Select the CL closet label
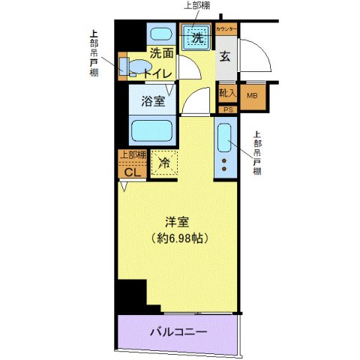coord(131,171)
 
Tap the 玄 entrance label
coord(225,55)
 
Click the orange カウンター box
coord(226,29)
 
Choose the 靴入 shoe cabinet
coord(226,94)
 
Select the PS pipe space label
coord(226,109)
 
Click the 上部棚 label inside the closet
coord(131,154)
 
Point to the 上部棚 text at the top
coord(199,6)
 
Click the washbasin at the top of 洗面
coord(159,34)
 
